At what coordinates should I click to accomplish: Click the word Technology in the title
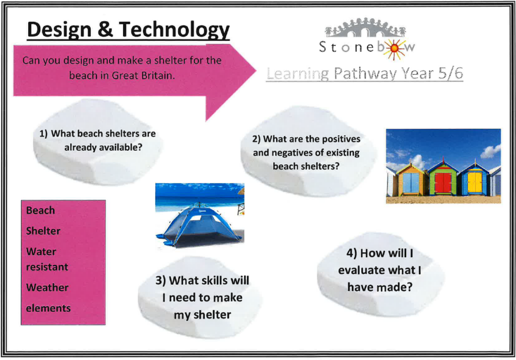[174, 30]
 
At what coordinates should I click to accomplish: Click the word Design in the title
[59, 30]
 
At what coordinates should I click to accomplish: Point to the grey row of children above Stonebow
[365, 27]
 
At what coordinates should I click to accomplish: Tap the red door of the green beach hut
[443, 183]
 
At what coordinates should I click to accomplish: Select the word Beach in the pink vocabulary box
[40, 210]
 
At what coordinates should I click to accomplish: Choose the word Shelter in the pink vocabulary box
[43, 230]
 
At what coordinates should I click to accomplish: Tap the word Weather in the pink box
[47, 287]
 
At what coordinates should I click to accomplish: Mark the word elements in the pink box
[48, 308]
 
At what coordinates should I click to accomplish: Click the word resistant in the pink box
[47, 266]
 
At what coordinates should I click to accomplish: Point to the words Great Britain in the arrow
[143, 76]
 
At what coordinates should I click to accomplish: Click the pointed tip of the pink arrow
[255, 70]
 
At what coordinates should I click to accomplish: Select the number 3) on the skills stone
[161, 281]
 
